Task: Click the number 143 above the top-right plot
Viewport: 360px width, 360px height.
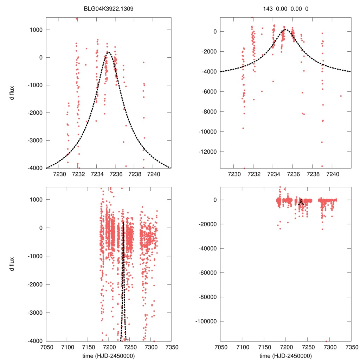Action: coord(268,8)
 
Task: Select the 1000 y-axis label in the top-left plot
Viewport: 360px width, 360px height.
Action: coord(35,30)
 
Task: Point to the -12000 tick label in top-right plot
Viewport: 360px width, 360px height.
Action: coord(207,152)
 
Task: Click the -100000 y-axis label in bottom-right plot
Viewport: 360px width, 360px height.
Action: coord(206,321)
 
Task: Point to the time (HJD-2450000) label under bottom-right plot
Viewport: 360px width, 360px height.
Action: coord(285,355)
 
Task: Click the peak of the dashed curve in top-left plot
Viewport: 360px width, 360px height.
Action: coord(108,52)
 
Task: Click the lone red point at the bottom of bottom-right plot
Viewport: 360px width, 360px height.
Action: coord(326,341)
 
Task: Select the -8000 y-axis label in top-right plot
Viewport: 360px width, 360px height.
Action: coord(209,112)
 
